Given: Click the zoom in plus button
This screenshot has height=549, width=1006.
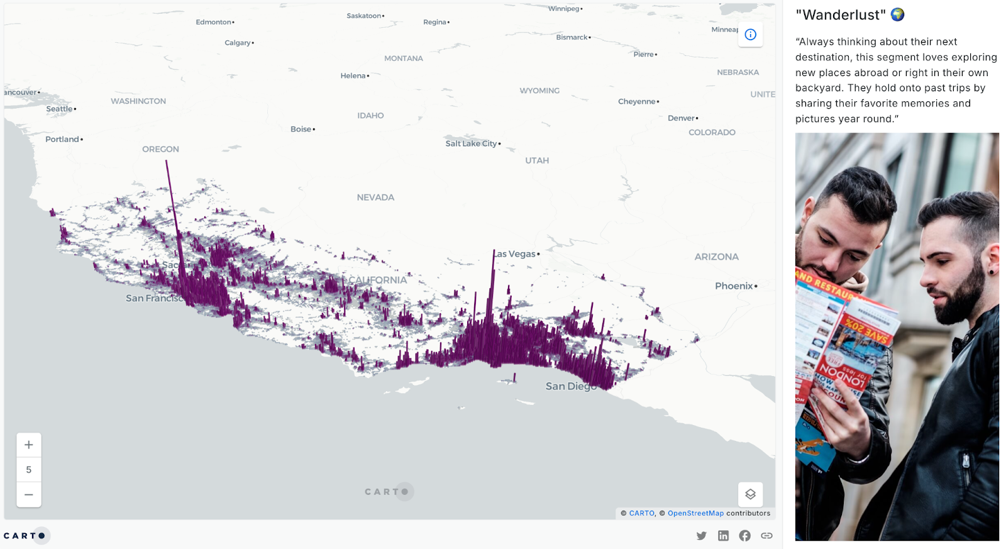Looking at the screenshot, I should (29, 445).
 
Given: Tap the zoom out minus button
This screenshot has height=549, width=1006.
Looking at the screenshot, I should (29, 495).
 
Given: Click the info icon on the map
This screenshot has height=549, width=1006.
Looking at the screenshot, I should (750, 35).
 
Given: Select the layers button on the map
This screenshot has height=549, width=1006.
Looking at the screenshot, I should (750, 494).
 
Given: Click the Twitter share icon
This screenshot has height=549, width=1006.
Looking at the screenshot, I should (702, 536).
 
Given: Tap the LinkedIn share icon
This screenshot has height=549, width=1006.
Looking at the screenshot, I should (723, 536).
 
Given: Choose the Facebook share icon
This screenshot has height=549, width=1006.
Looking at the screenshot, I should (744, 536).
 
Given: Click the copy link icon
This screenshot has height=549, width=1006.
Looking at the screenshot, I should (766, 536).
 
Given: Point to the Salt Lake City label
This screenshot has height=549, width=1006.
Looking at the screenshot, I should (472, 143).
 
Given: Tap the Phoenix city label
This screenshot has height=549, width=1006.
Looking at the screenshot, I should (734, 286).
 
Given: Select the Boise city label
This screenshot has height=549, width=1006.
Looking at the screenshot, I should (301, 129).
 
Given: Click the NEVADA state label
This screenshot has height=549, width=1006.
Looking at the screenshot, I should (375, 197).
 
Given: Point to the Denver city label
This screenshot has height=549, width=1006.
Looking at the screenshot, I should (682, 118).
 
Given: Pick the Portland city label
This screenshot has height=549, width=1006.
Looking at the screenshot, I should (62, 139).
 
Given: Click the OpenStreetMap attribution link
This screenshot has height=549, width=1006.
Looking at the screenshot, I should (695, 513).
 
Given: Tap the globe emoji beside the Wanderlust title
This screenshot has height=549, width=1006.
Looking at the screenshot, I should (897, 14).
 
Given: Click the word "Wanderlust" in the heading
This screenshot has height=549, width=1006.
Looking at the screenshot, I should (841, 15).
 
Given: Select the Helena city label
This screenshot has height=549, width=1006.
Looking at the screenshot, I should (353, 75).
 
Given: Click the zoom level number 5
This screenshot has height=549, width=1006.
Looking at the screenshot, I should (29, 470).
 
